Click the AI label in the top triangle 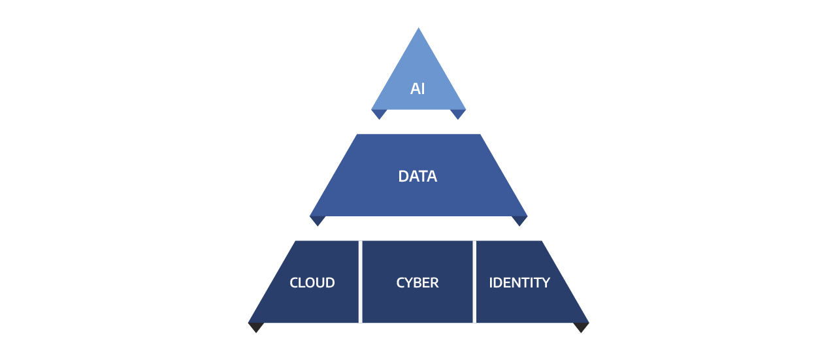418,89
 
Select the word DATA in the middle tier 418,176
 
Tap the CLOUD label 312,283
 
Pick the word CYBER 418,283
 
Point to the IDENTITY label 519,283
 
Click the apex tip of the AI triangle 418,27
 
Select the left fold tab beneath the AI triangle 379,114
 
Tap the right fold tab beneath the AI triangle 458,114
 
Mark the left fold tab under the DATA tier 318,221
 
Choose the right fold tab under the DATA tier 519,221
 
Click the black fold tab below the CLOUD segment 256,327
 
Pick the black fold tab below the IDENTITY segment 581,327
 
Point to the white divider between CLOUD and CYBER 360,282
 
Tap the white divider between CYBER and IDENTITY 474,282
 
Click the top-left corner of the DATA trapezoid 357,134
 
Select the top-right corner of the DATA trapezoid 480,134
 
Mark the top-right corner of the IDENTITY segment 542,241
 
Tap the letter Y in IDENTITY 546,283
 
